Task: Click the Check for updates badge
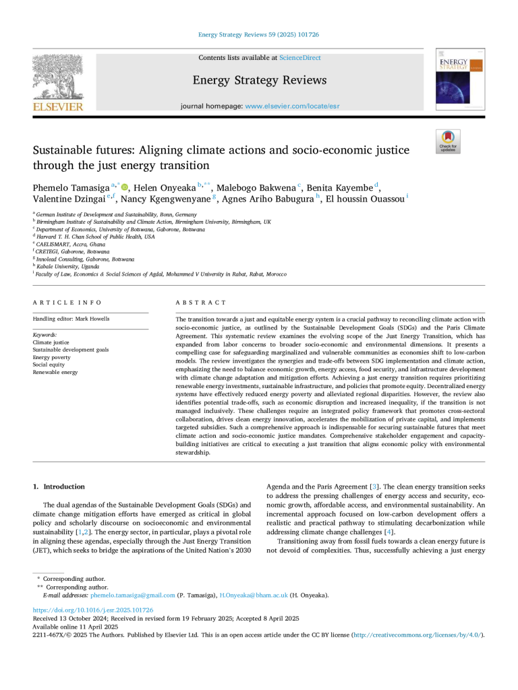tap(448, 142)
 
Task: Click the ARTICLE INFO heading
tap(67, 303)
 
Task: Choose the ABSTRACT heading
tap(201, 303)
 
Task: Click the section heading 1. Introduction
tap(59, 487)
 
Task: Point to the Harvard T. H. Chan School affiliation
tap(95, 237)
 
